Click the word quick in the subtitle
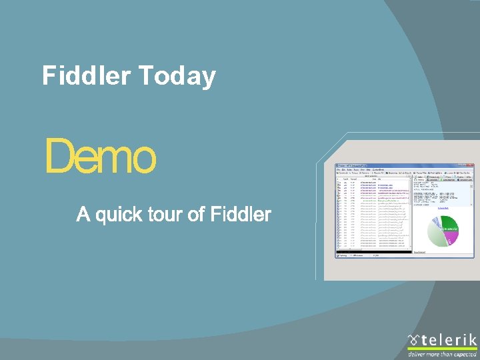tap(119, 215)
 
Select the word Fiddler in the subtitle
tap(241, 215)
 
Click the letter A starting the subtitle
tap(83, 215)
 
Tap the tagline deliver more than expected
tap(441, 355)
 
